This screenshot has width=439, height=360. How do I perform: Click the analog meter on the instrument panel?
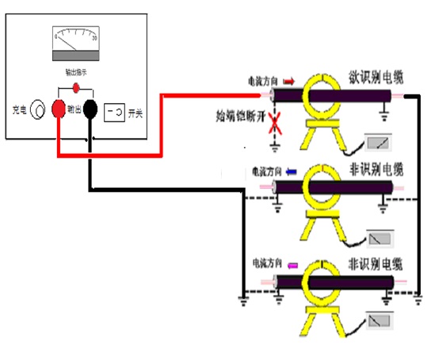click(76, 44)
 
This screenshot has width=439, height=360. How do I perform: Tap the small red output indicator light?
click(76, 86)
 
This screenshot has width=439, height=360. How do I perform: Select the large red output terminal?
click(59, 109)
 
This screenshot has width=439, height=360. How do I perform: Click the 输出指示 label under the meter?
click(76, 73)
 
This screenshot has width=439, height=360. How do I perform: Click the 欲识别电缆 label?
click(377, 78)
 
